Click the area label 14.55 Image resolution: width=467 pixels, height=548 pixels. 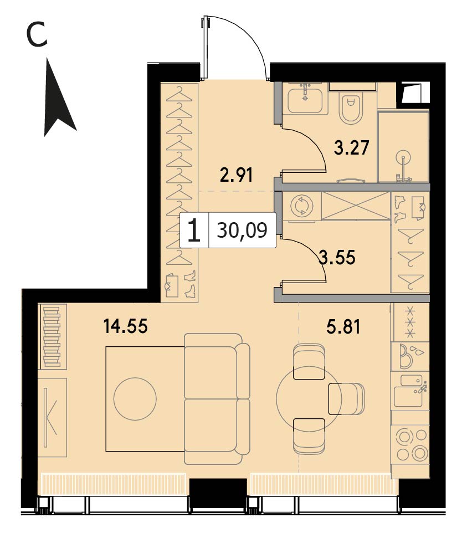pyautogui.click(x=125, y=326)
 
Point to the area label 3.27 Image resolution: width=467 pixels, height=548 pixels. pyautogui.click(x=351, y=148)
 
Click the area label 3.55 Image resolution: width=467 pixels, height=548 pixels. pyautogui.click(x=337, y=257)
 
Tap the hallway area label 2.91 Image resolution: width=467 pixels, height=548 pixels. pyautogui.click(x=236, y=175)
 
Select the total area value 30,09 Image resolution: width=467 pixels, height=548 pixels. pyautogui.click(x=242, y=230)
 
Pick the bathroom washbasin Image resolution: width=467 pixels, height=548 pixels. pyautogui.click(x=305, y=99)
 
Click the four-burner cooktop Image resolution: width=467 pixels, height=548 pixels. pyautogui.click(x=412, y=444)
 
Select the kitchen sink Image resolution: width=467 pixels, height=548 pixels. pyautogui.click(x=410, y=391)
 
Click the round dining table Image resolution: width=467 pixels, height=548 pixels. pyautogui.click(x=307, y=398)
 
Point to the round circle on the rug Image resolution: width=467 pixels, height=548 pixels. pyautogui.click(x=135, y=399)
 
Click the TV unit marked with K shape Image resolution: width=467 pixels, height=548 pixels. pyautogui.click(x=52, y=417)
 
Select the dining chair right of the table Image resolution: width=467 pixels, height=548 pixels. pyautogui.click(x=346, y=398)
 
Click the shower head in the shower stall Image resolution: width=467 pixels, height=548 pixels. pyautogui.click(x=404, y=158)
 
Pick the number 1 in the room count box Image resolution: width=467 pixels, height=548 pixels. pyautogui.click(x=194, y=230)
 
